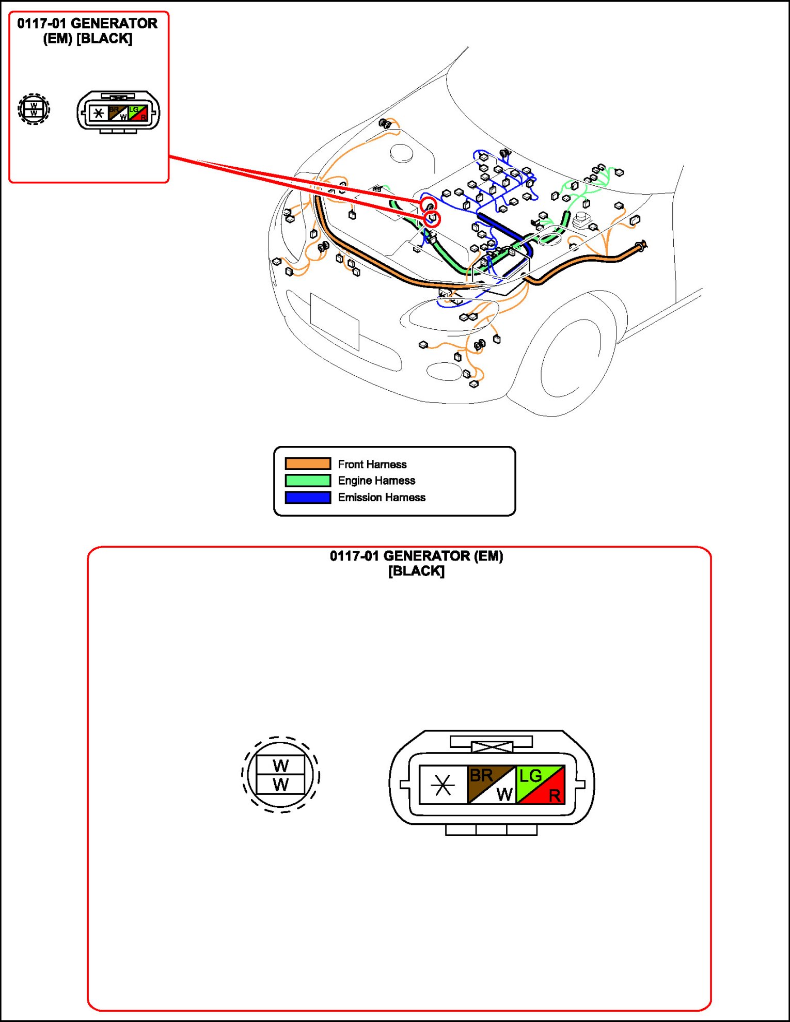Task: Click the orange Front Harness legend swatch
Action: point(308,464)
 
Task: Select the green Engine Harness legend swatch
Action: point(308,481)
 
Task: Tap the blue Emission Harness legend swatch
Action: point(308,497)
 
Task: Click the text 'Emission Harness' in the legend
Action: point(382,497)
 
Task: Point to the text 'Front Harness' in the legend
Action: point(372,464)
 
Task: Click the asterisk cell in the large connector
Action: point(443,785)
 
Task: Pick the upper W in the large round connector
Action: point(280,765)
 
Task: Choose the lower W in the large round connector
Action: point(280,785)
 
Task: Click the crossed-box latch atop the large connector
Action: point(492,746)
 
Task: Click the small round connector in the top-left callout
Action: point(34,109)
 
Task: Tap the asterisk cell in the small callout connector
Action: point(98,113)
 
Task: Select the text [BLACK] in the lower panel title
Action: point(416,571)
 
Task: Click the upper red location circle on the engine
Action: point(429,205)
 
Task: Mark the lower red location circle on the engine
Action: point(432,219)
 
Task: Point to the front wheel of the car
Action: point(568,356)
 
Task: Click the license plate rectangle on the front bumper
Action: point(335,321)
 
